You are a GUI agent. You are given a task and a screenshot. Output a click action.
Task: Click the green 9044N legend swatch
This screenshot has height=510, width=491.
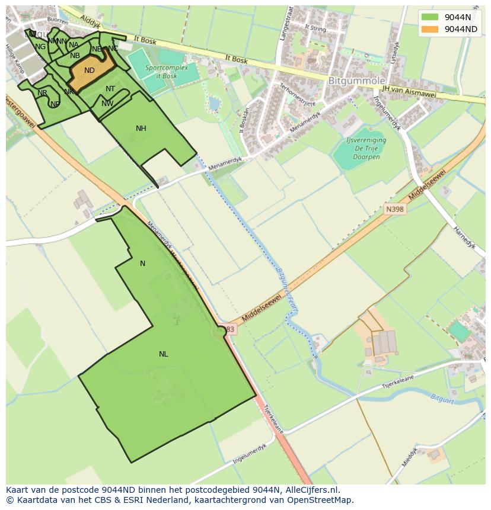(431, 17)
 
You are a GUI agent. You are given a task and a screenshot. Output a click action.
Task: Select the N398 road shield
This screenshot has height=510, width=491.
(394, 209)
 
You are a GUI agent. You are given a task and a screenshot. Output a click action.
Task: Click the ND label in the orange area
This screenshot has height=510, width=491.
(90, 70)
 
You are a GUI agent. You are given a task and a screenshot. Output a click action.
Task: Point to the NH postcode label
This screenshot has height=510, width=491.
(141, 129)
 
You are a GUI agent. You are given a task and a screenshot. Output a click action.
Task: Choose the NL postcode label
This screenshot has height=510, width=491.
(163, 354)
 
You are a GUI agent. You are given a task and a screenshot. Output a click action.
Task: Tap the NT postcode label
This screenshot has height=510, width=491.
(110, 89)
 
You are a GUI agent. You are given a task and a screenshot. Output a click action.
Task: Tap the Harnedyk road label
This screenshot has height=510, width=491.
(466, 238)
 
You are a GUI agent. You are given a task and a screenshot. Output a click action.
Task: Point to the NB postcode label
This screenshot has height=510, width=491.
(75, 56)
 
